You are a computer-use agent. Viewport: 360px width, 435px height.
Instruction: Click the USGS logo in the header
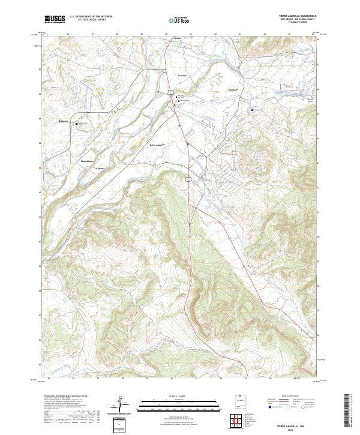tap(55, 19)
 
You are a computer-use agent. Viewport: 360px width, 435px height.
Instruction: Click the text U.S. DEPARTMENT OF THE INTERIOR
tap(91, 17)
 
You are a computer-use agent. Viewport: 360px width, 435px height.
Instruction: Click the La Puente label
tap(100, 168)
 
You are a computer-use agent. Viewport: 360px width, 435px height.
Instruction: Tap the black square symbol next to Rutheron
tap(76, 124)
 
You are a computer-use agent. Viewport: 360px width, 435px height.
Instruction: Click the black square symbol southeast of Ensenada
tap(251, 110)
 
